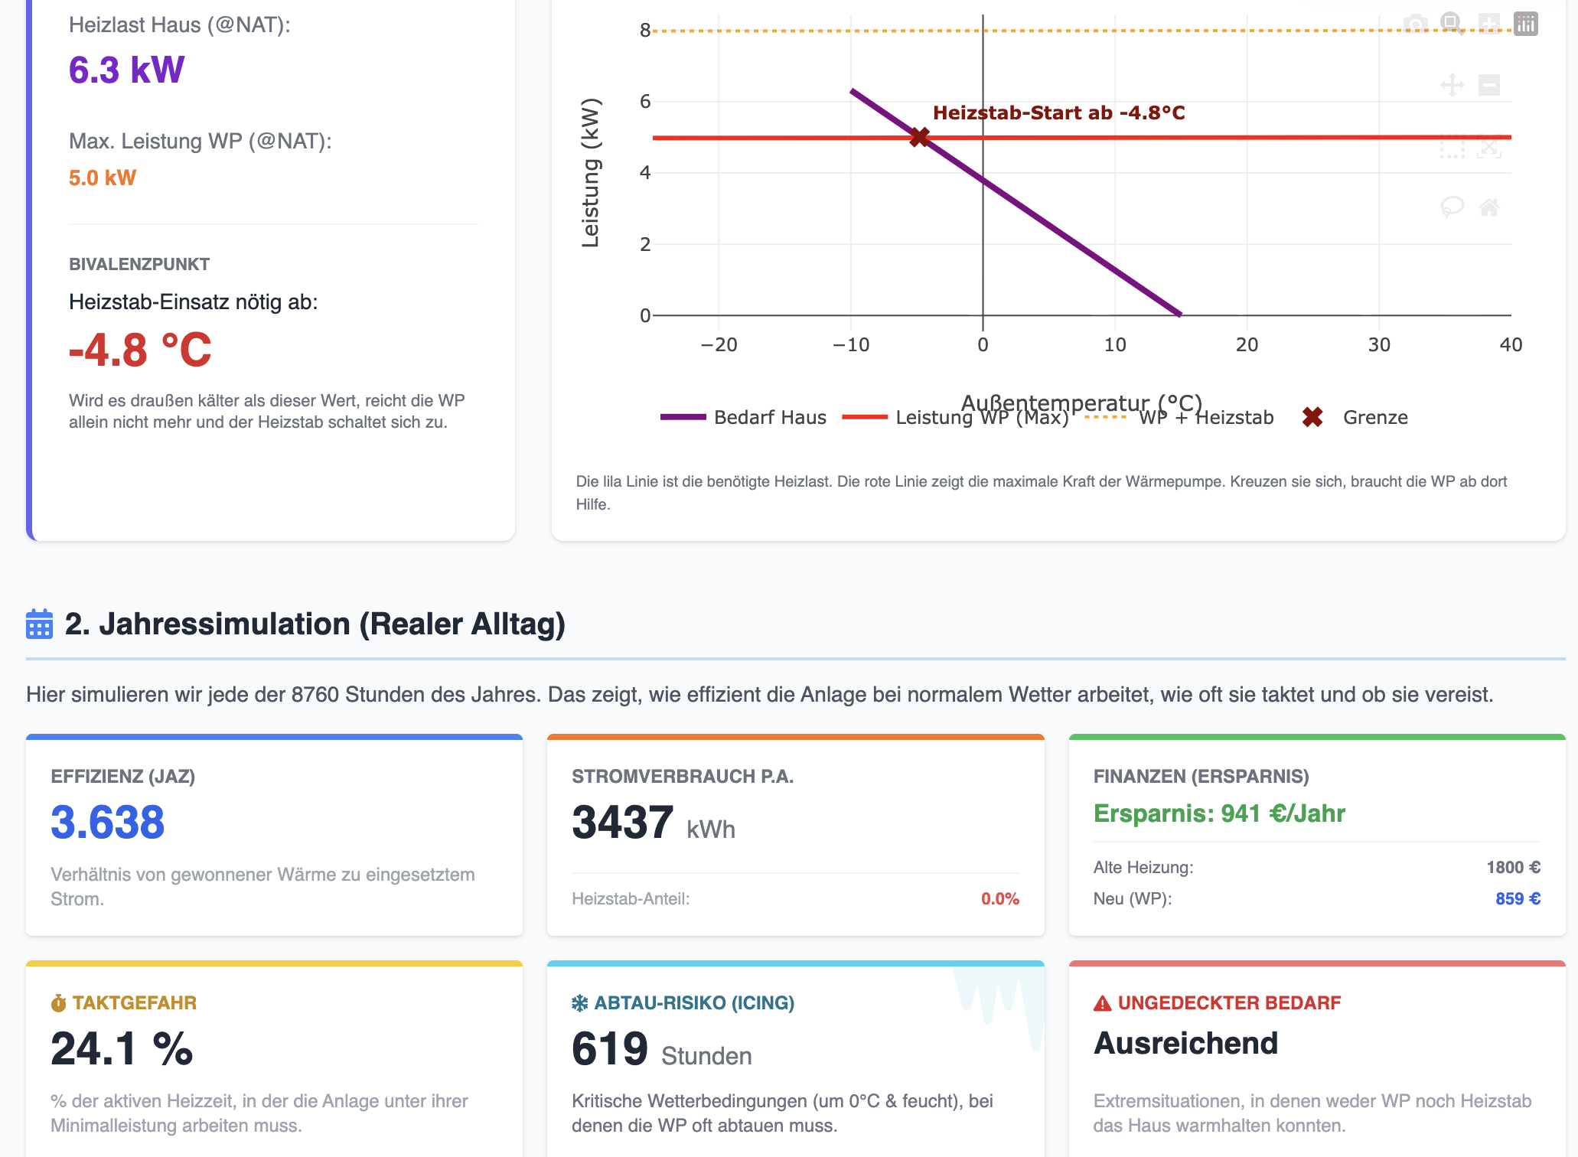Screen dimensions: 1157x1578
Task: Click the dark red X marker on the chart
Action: pyautogui.click(x=919, y=137)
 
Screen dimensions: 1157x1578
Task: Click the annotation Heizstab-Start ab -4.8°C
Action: pyautogui.click(x=1058, y=113)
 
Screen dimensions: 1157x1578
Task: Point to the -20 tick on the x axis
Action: pyautogui.click(x=719, y=345)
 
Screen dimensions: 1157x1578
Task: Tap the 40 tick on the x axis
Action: pyautogui.click(x=1510, y=345)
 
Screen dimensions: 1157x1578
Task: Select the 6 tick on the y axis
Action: pyautogui.click(x=645, y=102)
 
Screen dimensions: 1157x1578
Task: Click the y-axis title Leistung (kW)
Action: pyautogui.click(x=590, y=173)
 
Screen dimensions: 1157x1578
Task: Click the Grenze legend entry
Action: pyautogui.click(x=1374, y=418)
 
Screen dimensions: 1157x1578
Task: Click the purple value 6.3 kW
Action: pyautogui.click(x=126, y=70)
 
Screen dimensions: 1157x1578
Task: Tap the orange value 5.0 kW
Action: pyautogui.click(x=103, y=178)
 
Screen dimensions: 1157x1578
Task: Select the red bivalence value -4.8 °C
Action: pyautogui.click(x=140, y=350)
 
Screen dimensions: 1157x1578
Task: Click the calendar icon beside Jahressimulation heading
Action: pyautogui.click(x=39, y=624)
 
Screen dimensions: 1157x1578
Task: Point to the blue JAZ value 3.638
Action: pyautogui.click(x=108, y=823)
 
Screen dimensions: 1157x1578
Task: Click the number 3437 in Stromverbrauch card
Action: pyautogui.click(x=622, y=823)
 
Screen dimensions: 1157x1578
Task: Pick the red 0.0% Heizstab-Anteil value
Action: pyautogui.click(x=999, y=899)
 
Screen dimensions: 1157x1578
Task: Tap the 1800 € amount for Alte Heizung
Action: pyautogui.click(x=1513, y=868)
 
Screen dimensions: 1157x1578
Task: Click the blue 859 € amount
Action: pyautogui.click(x=1518, y=899)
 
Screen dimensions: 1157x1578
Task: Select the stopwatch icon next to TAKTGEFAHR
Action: pyautogui.click(x=59, y=1003)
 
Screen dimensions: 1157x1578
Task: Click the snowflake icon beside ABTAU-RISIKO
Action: pyautogui.click(x=580, y=1003)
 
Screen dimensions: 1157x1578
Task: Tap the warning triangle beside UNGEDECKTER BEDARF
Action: pyautogui.click(x=1102, y=1003)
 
